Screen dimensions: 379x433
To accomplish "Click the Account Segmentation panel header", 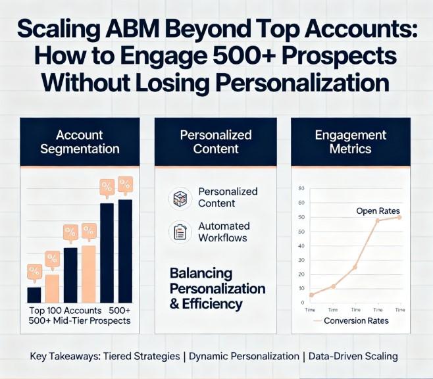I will [x=80, y=141].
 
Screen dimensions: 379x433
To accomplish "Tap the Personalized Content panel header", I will [x=216, y=141].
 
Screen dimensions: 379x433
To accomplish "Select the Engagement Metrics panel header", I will [x=351, y=141].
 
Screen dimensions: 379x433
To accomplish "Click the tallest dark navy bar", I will [x=125, y=251].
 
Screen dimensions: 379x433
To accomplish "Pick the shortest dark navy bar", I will [x=34, y=295].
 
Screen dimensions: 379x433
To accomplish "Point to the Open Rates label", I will [x=378, y=211].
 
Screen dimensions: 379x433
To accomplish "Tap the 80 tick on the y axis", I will [x=301, y=188].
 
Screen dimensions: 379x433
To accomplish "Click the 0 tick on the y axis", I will [x=302, y=303].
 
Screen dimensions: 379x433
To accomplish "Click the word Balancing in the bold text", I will [x=200, y=273].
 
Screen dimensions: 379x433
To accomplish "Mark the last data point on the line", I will [x=399, y=217].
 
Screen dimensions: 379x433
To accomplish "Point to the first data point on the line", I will [x=311, y=295].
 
